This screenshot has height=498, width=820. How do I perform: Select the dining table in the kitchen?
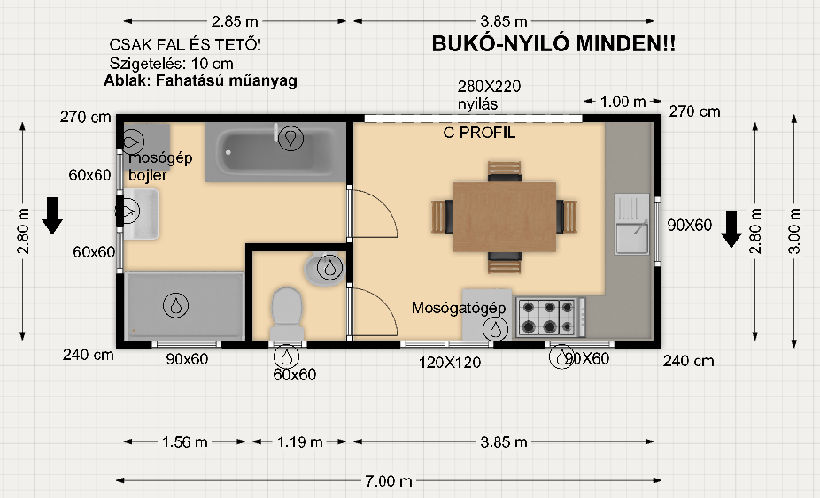click(505, 217)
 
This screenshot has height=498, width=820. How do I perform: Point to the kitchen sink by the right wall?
click(631, 224)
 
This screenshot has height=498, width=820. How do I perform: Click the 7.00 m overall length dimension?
click(389, 480)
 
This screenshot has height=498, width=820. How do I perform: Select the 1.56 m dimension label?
click(184, 442)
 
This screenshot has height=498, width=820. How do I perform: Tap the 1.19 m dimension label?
click(299, 442)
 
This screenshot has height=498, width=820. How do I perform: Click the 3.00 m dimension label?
click(793, 231)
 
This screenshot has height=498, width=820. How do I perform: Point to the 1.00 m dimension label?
click(623, 102)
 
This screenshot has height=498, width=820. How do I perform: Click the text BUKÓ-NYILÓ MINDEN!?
click(553, 44)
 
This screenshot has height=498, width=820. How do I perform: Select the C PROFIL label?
click(479, 133)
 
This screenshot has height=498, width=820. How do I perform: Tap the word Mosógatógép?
click(459, 308)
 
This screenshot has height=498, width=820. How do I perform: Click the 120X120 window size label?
click(450, 363)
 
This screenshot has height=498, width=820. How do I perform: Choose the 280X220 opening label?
click(489, 86)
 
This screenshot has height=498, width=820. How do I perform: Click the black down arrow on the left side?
click(52, 215)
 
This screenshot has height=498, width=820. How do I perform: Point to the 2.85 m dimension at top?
click(235, 21)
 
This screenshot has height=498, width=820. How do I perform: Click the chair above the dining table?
click(505, 172)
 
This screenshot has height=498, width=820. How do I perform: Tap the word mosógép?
click(160, 158)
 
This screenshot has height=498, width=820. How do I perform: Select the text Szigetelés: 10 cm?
click(171, 64)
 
